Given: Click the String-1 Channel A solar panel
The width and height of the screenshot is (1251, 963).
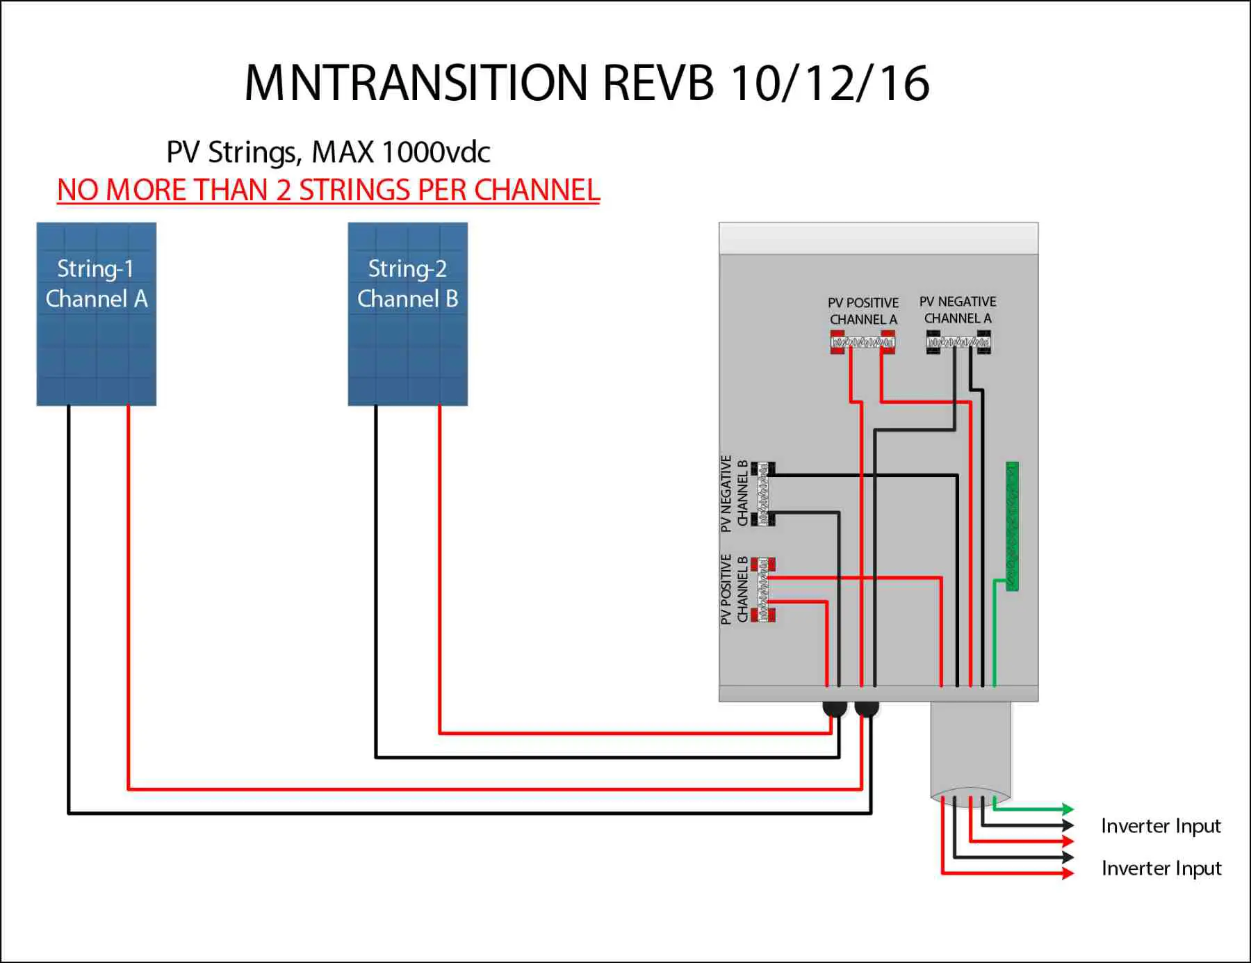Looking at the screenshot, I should tap(96, 314).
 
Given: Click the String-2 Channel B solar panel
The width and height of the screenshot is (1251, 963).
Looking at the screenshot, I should tap(407, 314).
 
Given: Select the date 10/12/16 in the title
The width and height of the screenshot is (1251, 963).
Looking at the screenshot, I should tap(830, 83).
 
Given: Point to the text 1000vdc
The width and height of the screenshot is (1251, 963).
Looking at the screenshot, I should tap(436, 152).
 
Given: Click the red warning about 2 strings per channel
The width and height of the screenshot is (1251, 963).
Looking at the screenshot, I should tap(328, 191).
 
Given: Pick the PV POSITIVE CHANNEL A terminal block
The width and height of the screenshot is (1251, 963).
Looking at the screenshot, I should tap(862, 342).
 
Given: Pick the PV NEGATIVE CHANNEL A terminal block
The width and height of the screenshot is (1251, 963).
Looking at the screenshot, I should tap(958, 342).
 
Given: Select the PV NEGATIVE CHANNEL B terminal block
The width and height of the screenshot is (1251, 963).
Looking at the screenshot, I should tap(763, 493).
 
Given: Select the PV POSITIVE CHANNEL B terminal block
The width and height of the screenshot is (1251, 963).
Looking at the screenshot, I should tap(763, 589).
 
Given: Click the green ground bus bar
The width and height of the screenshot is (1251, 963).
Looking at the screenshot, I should tap(1012, 526).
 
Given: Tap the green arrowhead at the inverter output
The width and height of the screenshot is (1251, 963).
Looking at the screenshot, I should tap(1068, 809).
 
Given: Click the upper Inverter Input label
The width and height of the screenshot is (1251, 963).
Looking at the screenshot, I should tap(1161, 826).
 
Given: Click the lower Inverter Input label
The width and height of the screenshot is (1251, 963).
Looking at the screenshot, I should tap(1161, 868).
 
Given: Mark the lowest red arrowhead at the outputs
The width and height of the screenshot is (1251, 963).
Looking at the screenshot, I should tap(1068, 873).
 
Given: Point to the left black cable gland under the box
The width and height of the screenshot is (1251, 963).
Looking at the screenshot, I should tap(834, 709).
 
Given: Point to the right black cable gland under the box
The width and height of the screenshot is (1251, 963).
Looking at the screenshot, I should tap(867, 709).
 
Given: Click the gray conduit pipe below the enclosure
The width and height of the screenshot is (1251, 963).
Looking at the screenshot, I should tap(970, 751).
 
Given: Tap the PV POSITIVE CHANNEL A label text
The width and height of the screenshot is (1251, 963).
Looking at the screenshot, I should tap(863, 311).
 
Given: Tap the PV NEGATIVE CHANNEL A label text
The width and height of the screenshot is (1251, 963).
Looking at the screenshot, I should tap(958, 309).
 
